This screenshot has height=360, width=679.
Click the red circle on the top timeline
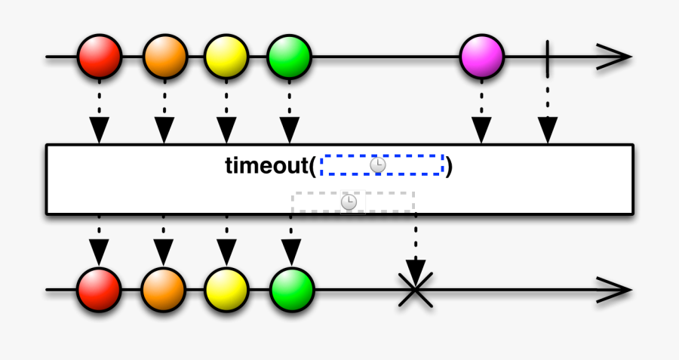[99, 56]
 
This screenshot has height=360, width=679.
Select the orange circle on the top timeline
[163, 56]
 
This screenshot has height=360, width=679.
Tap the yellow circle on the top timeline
[226, 56]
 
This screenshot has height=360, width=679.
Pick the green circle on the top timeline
[289, 56]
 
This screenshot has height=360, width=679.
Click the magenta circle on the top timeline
[481, 56]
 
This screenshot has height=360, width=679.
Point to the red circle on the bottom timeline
[99, 289]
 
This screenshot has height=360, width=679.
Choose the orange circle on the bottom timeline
[163, 289]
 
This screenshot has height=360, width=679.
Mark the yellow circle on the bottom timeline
[226, 289]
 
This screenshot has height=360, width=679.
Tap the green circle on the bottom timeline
[291, 289]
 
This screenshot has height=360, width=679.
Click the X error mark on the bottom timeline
[414, 289]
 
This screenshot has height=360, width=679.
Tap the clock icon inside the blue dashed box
[378, 165]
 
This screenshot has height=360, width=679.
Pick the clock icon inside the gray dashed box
[349, 202]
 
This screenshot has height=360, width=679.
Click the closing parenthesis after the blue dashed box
[449, 165]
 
